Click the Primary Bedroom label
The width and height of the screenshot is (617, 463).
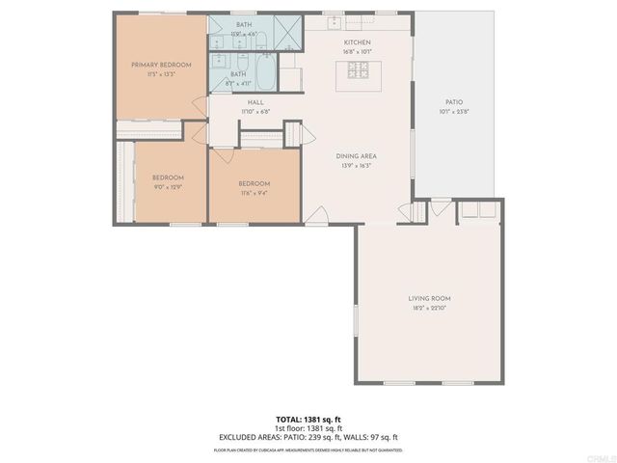[x=161, y=65]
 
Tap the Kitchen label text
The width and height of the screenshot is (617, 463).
[x=357, y=43]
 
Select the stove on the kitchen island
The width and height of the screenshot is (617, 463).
[x=358, y=70]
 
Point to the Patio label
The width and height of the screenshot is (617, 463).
[x=453, y=101]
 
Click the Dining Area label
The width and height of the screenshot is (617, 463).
[x=355, y=155]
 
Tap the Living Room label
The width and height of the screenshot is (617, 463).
[x=429, y=299]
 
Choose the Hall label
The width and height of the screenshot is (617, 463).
[x=255, y=102]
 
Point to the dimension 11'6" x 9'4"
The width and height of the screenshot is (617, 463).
[x=254, y=193]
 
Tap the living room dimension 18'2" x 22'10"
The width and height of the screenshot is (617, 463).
[x=429, y=309]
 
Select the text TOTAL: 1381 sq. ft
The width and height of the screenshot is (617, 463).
[x=308, y=419]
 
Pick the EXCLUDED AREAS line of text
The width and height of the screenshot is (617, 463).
[x=308, y=437]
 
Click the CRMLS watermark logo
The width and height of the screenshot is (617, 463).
[x=600, y=457]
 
